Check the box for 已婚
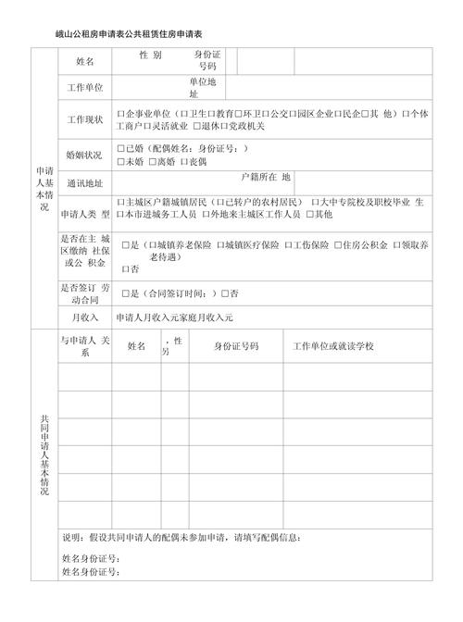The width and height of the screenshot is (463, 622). [121, 148]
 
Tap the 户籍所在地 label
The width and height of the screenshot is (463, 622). [265, 176]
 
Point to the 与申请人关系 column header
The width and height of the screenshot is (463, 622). [85, 346]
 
